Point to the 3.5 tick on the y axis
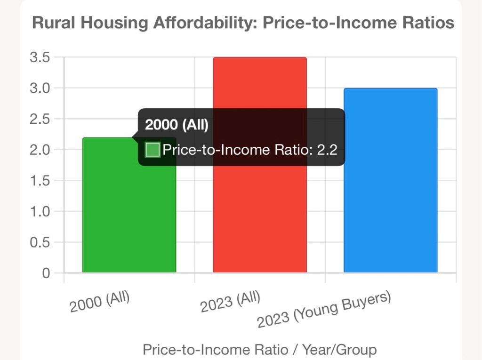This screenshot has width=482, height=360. click(x=40, y=58)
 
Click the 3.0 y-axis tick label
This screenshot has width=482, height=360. click(x=40, y=88)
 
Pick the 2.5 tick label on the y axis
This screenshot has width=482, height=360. click(x=40, y=119)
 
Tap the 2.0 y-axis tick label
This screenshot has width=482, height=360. click(x=40, y=150)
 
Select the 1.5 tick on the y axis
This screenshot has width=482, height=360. click(x=40, y=181)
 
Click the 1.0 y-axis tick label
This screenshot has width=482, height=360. click(x=40, y=212)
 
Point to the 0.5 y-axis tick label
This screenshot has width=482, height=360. click(x=40, y=242)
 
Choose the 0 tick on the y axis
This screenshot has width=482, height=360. click(x=46, y=273)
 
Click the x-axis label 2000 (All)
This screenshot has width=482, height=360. click(x=99, y=303)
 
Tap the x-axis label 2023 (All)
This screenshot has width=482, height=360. click(x=230, y=303)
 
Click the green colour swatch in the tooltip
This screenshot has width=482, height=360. click(x=153, y=150)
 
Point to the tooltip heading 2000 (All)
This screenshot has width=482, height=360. click(x=177, y=125)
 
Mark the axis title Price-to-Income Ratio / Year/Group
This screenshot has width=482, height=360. click(x=259, y=350)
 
